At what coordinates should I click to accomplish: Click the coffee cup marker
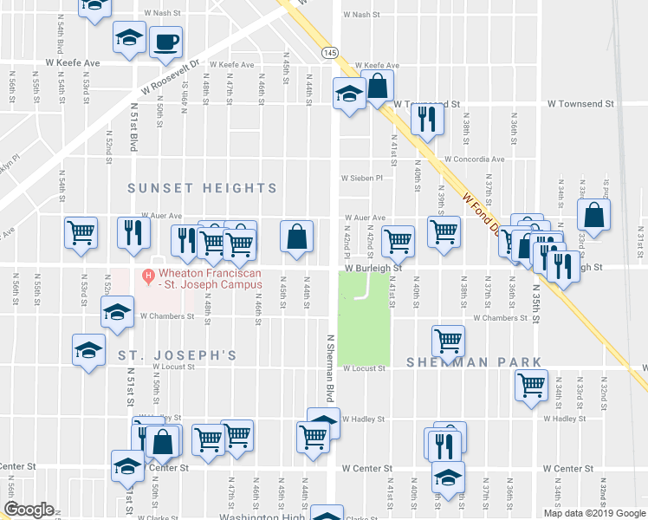(165, 41)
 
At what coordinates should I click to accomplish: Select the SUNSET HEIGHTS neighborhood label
(203, 188)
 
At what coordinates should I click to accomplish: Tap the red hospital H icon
(148, 277)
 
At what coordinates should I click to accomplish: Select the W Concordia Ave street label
(475, 159)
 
